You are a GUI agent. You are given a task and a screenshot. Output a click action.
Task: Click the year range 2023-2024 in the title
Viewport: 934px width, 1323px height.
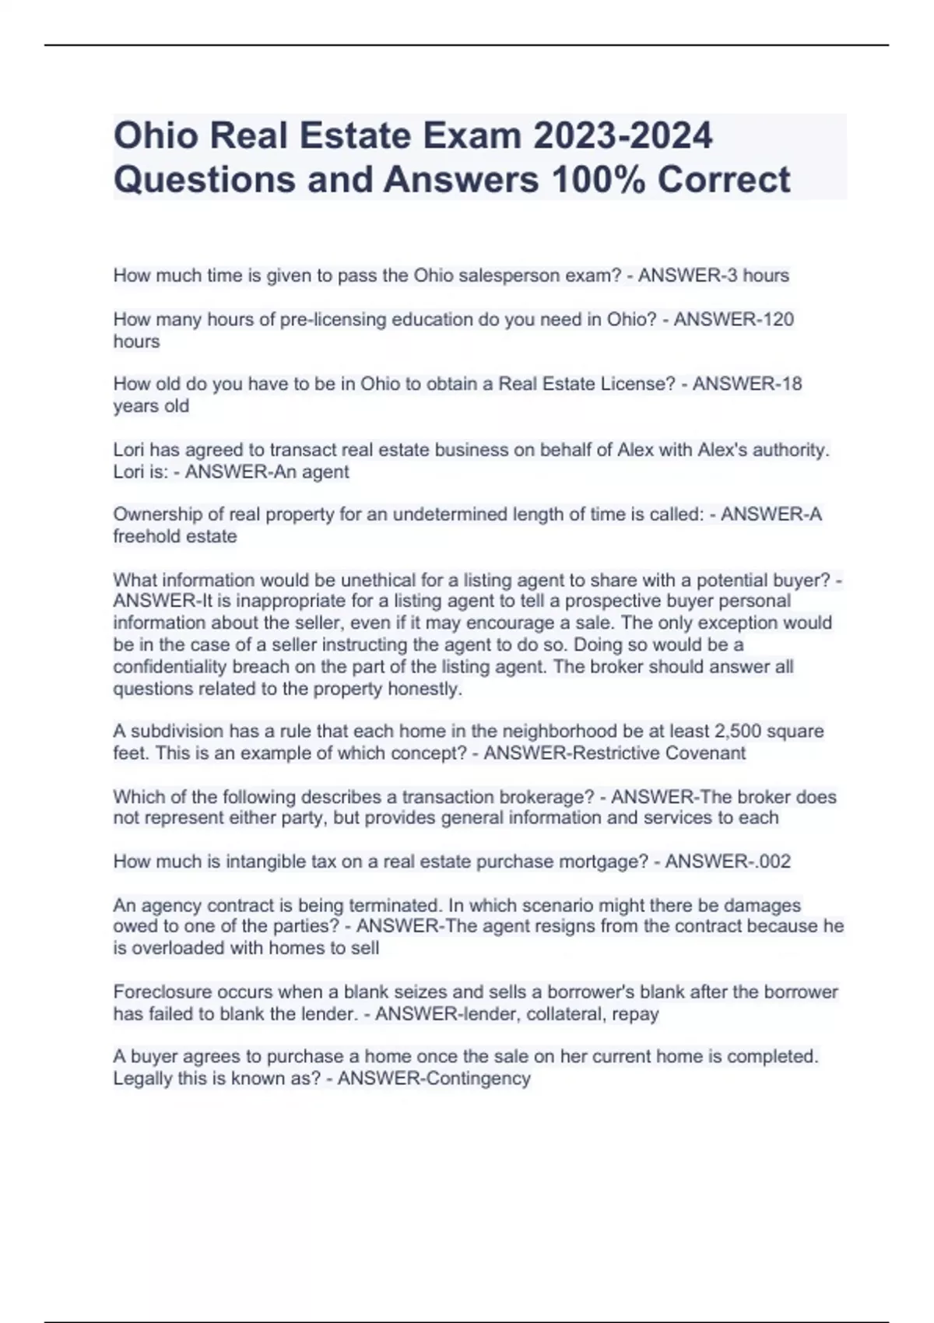click(x=622, y=135)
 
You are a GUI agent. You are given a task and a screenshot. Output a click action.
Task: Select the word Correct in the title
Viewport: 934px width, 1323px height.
click(x=723, y=180)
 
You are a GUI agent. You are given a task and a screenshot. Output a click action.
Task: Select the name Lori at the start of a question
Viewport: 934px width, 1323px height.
click(x=129, y=450)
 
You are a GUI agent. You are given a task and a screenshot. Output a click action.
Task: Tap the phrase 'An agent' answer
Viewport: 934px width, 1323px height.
click(x=312, y=472)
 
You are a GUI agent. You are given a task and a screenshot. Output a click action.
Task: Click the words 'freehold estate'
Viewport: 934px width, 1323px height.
click(x=175, y=536)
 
